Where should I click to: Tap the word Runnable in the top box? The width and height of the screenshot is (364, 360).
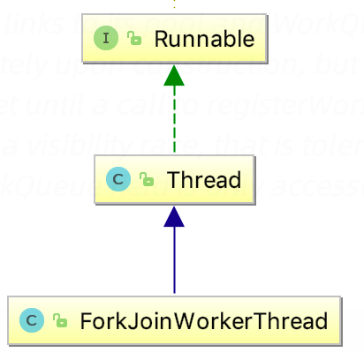(x=203, y=39)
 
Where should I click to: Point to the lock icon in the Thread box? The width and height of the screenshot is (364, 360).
(x=146, y=180)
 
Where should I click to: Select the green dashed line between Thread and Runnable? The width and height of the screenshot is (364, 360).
(x=174, y=124)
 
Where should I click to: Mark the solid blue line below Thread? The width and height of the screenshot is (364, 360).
(x=174, y=260)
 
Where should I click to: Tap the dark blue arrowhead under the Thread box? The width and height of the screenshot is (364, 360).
(x=174, y=218)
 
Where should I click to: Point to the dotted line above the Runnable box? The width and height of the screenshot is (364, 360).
(x=174, y=4)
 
